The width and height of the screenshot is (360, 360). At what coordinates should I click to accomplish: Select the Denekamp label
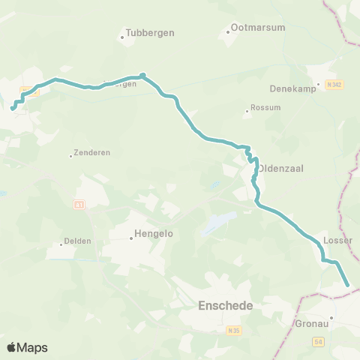[x=289, y=88]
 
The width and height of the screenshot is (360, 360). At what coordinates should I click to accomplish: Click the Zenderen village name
[x=93, y=152]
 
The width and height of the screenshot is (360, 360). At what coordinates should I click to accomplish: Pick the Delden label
[x=77, y=241]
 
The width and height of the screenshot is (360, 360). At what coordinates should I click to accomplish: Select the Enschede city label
[x=225, y=306]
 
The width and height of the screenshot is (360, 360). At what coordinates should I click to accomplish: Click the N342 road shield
[x=335, y=85]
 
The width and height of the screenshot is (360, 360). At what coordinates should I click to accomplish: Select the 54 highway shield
[x=319, y=342]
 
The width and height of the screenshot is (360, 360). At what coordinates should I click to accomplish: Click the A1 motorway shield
[x=79, y=204]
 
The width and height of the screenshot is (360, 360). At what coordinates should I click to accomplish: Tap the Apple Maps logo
[x=27, y=347]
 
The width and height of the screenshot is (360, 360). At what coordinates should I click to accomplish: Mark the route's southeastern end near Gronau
[x=347, y=285]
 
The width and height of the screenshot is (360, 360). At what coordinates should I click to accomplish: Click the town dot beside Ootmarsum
[x=229, y=32]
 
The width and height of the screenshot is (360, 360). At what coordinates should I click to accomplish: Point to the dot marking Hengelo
[x=130, y=238]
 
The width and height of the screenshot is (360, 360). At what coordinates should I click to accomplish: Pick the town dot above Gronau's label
[x=331, y=317]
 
